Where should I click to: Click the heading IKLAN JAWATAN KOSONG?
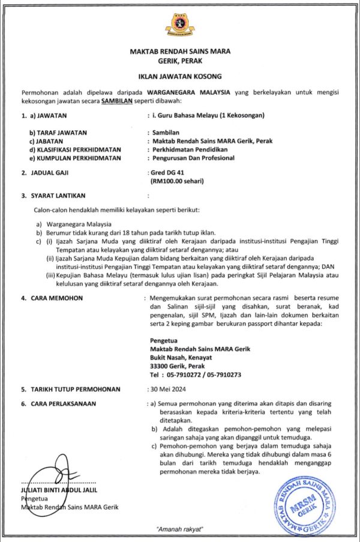click(x=180, y=77)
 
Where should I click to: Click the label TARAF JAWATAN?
click(x=58, y=132)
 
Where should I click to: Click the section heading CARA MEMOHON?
click(x=56, y=297)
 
